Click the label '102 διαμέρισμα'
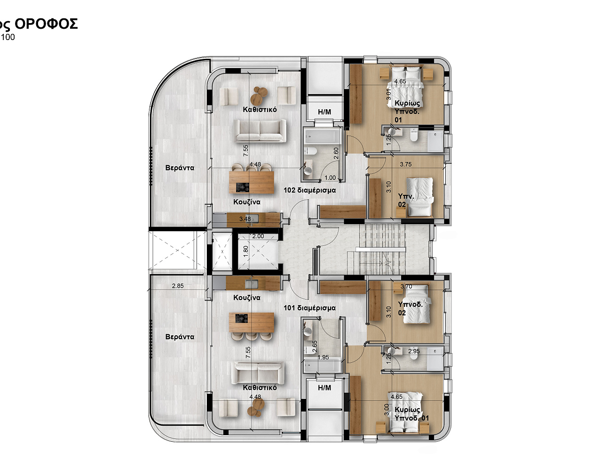tap(309, 190)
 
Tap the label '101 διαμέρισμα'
tap(309, 308)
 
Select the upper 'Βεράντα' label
tap(180, 168)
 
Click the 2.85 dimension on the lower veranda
tap(178, 286)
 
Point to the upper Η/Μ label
tap(324, 112)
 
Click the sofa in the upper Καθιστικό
tap(260, 131)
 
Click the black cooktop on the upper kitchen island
tap(242, 187)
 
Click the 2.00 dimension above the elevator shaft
tap(258, 236)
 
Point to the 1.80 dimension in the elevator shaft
tap(246, 251)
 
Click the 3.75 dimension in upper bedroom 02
tap(406, 164)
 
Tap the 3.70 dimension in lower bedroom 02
tap(406, 286)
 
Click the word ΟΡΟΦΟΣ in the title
tap(46, 24)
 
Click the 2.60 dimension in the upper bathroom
tap(336, 154)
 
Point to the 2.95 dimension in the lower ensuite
tap(414, 351)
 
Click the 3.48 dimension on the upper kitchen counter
tap(245, 219)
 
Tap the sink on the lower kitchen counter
tap(252, 284)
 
